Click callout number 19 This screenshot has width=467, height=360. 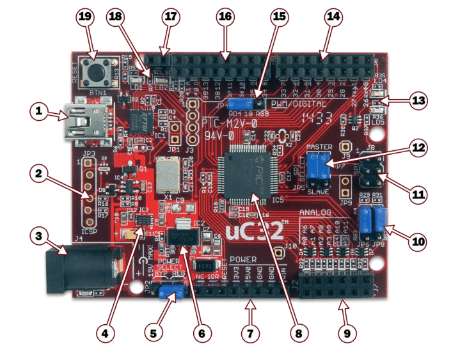click(x=85, y=19)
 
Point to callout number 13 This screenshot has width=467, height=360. click(x=419, y=101)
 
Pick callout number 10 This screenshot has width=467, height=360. click(x=418, y=242)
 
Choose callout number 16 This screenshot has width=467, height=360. click(x=225, y=19)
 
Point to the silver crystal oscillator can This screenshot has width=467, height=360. click(x=168, y=172)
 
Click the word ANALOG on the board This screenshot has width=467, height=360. click(x=318, y=213)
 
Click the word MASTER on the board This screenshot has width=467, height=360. click(x=319, y=147)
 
